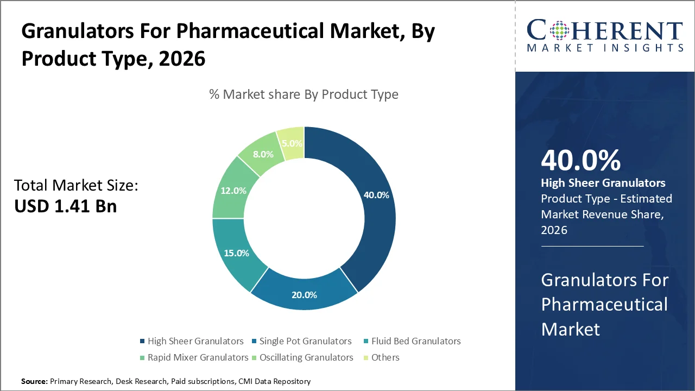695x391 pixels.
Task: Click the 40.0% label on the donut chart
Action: click(x=376, y=195)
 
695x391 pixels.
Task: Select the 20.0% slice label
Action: click(x=304, y=295)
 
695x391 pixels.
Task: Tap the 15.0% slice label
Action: click(x=236, y=253)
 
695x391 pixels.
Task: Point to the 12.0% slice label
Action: click(x=233, y=191)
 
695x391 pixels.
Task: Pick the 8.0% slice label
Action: click(x=263, y=154)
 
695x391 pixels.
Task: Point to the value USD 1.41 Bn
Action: click(x=65, y=206)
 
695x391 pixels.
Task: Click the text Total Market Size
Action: click(x=77, y=186)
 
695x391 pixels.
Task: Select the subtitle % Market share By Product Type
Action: click(x=304, y=94)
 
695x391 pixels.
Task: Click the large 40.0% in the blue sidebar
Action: click(x=580, y=160)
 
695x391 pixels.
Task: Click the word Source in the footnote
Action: click(x=34, y=382)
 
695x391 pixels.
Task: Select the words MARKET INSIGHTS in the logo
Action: click(x=605, y=48)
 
